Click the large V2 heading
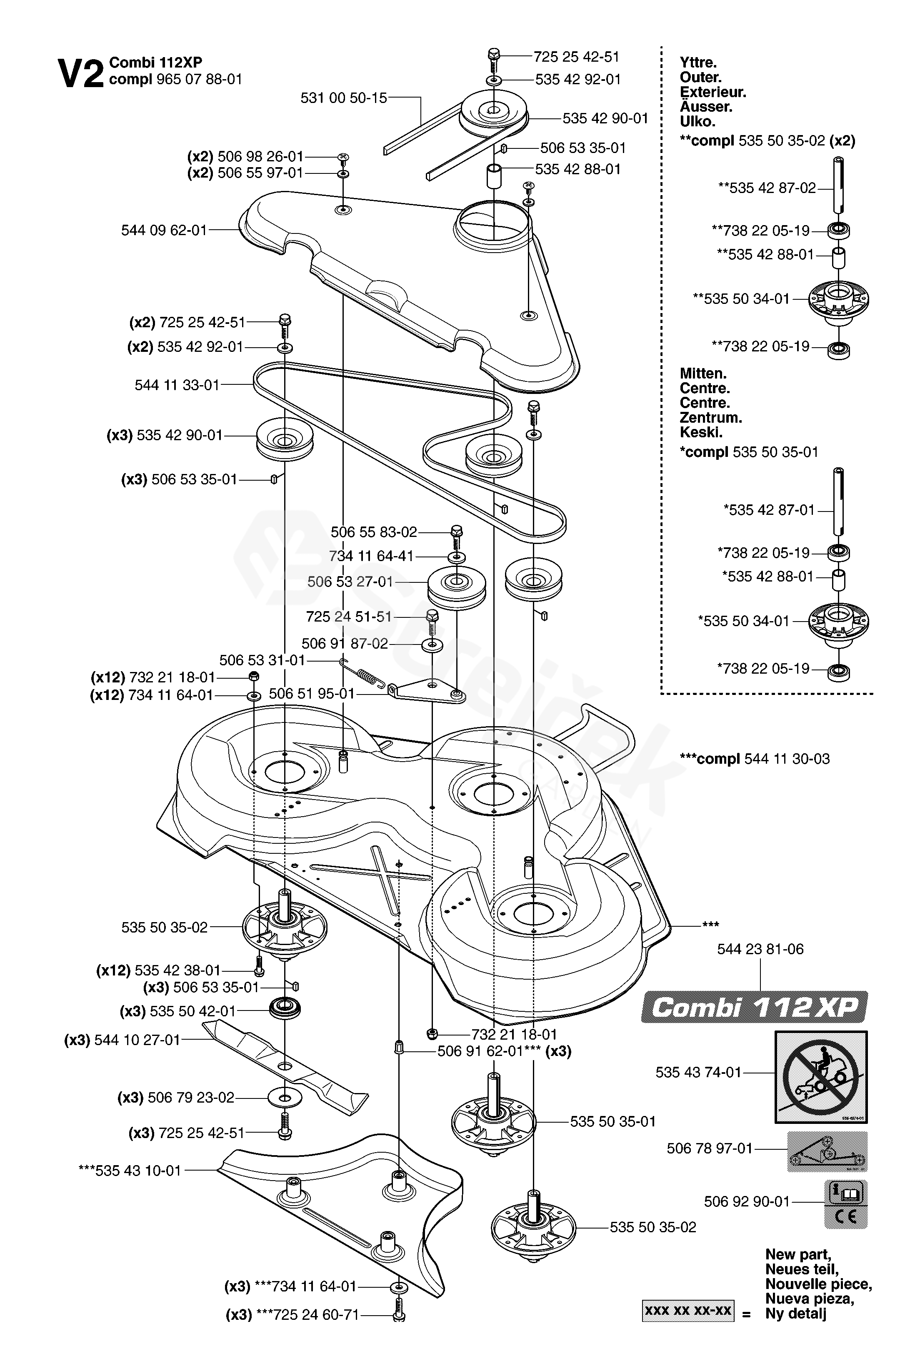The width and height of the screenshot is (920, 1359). point(81,74)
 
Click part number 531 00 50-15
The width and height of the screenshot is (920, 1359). point(344,98)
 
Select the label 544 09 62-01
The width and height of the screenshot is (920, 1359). point(164,231)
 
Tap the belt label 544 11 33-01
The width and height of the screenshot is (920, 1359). point(177,385)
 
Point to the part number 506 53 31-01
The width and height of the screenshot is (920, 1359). point(262,660)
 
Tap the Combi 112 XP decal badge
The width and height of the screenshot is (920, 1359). point(755,1007)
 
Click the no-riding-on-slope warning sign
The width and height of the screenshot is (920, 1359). point(821,1077)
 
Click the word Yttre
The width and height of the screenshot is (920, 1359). point(698,63)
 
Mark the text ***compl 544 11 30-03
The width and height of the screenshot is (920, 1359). point(755,758)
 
